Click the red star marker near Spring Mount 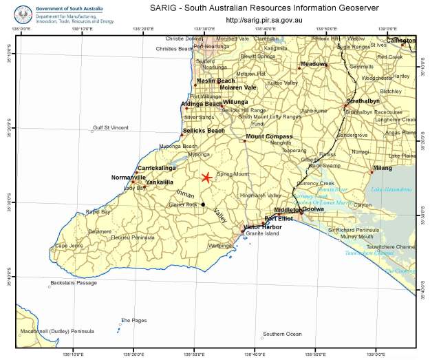pos(206,178)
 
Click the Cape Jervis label pos(70,245)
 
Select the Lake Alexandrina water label pos(391,189)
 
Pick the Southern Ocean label pos(282,334)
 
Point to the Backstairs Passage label pos(72,283)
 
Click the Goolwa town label pos(313,209)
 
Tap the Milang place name pos(382,167)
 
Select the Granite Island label pos(263,234)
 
